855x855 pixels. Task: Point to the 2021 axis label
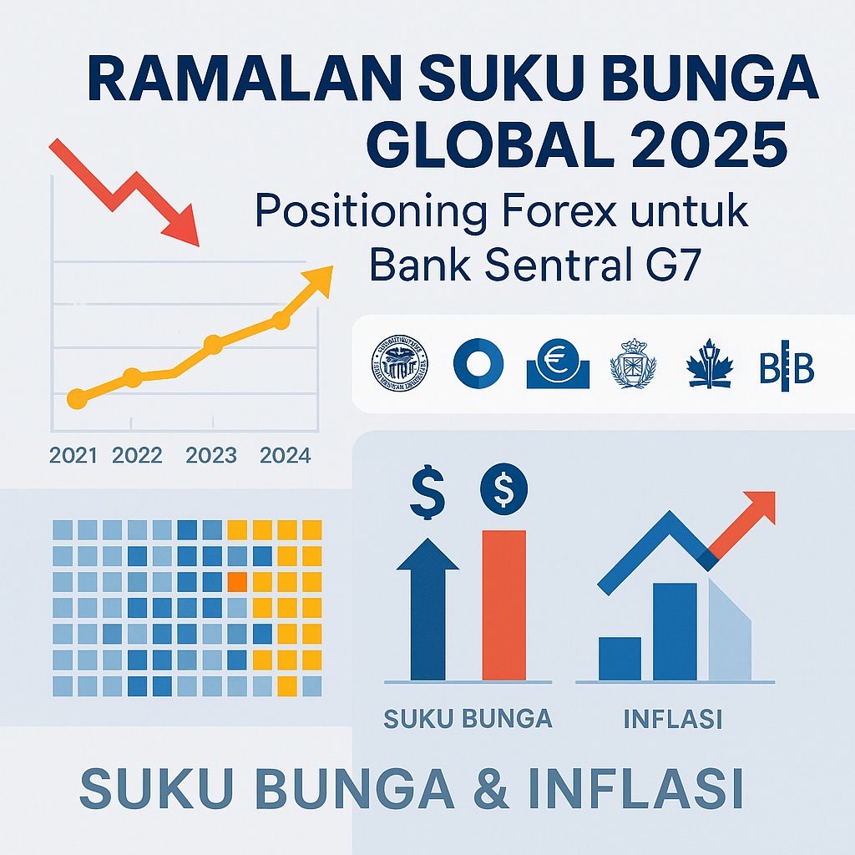pos(73,456)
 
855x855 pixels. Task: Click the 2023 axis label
pos(211,456)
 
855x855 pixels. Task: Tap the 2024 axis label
pos(286,456)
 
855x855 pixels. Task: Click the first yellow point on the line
pos(76,399)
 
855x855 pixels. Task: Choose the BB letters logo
pos(787,367)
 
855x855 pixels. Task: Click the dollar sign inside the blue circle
pos(503,490)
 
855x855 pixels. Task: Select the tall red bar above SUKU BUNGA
pos(504,605)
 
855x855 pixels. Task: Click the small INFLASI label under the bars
pos(673,719)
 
